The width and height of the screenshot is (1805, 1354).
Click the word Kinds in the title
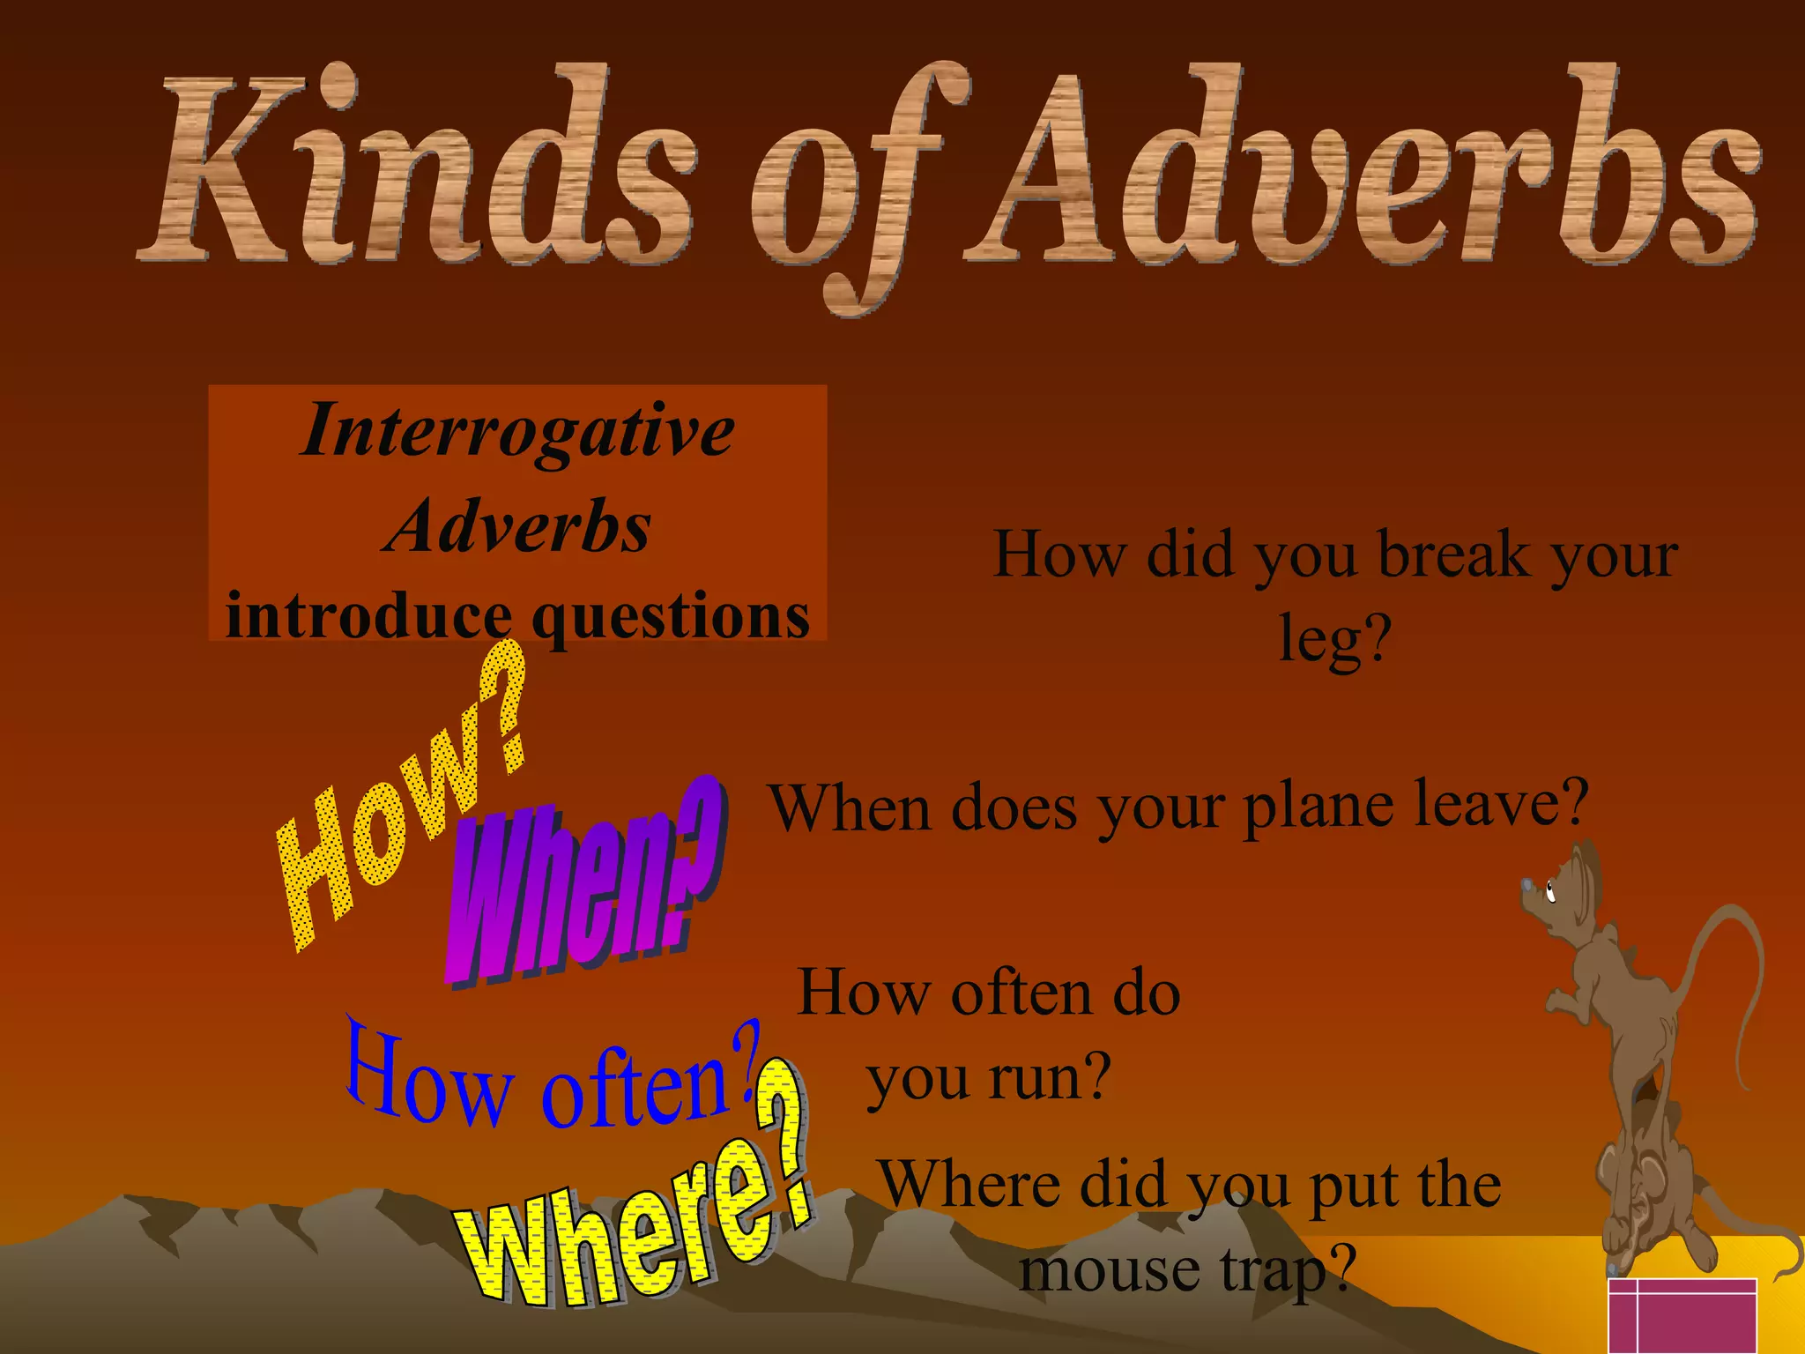414,167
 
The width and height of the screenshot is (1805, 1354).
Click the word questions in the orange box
672,617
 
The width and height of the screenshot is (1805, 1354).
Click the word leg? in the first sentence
1334,638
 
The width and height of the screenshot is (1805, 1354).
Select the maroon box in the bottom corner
1682,1315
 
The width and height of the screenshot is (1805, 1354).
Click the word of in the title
851,190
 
